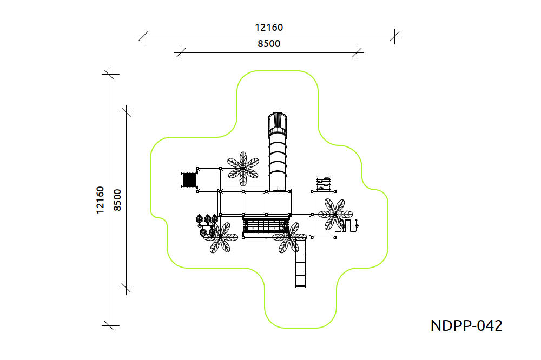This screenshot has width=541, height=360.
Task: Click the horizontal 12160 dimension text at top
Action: [269, 28]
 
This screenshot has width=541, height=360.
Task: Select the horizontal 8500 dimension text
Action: [269, 44]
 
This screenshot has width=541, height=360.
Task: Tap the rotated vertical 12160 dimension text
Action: [100, 200]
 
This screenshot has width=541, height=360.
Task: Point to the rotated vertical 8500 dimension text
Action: [117, 200]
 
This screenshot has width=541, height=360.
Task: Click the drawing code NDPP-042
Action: [466, 325]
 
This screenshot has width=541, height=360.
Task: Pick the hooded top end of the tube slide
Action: [278, 123]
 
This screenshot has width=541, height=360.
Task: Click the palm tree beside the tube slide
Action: [243, 169]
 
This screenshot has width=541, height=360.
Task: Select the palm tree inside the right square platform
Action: [335, 214]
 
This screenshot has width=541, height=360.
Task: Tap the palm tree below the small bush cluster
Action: [221, 238]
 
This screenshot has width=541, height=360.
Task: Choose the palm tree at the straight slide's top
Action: [289, 238]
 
